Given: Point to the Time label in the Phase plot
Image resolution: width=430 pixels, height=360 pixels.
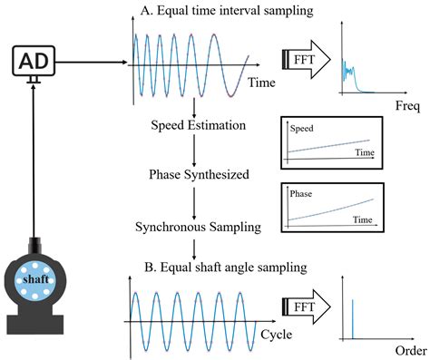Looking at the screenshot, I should coord(364,219).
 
